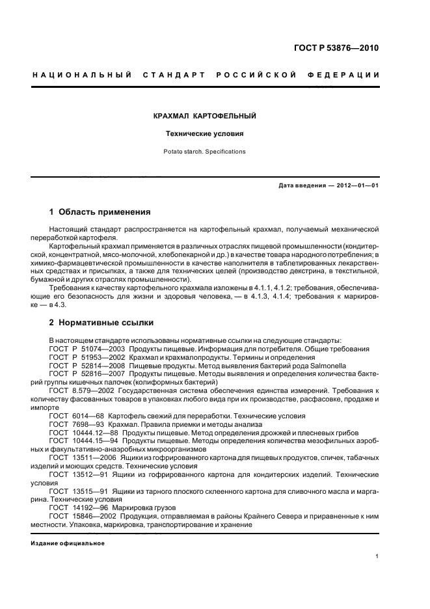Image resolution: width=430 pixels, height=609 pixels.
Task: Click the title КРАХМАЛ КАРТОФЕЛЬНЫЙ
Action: [x=204, y=116]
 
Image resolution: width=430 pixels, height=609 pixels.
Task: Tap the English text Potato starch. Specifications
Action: [x=204, y=152]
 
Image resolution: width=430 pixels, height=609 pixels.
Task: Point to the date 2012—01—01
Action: [x=357, y=185]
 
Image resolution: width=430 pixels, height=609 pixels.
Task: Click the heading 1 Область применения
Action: [x=100, y=211]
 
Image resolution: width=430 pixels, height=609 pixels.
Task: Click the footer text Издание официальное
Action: [x=68, y=543]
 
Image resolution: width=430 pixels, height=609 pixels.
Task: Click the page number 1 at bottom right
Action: [x=377, y=556]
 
